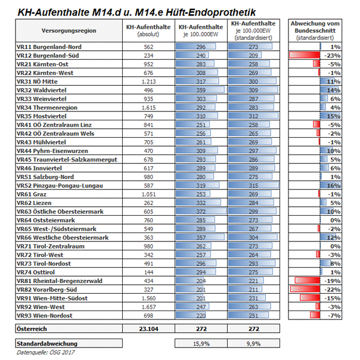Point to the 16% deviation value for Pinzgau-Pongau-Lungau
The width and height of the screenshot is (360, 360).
334,185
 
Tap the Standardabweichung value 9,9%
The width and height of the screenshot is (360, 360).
252,344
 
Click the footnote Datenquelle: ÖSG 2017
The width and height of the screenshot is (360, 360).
43,352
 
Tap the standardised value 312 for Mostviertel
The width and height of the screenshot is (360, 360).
252,116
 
